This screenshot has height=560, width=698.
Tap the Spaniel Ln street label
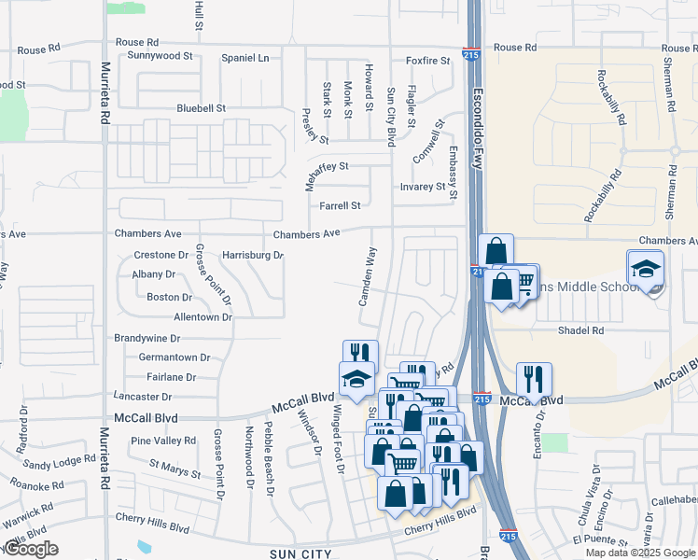pyautogui.click(x=244, y=58)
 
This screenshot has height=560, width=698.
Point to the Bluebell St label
pyautogui.click(x=202, y=108)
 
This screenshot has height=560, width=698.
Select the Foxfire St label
pyautogui.click(x=427, y=61)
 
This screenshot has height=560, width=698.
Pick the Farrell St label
pyautogui.click(x=340, y=205)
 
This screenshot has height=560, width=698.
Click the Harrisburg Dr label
pyautogui.click(x=252, y=255)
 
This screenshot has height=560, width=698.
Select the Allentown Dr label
pyautogui.click(x=202, y=317)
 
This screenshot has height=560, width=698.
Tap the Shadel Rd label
pyautogui.click(x=580, y=330)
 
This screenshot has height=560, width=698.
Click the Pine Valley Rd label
pyautogui.click(x=163, y=441)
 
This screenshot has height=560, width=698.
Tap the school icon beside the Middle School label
pyautogui.click(x=646, y=270)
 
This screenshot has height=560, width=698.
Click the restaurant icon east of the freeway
pyautogui.click(x=534, y=379)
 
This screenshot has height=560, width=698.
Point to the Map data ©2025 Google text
pyautogui.click(x=640, y=553)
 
